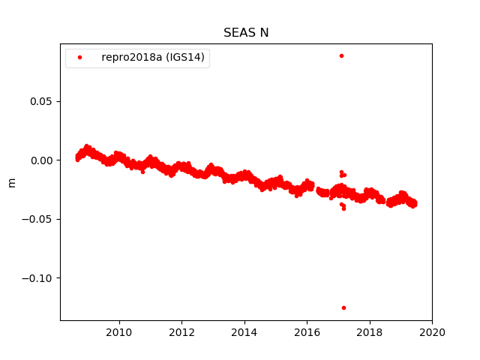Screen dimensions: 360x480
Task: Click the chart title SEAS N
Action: coord(246,33)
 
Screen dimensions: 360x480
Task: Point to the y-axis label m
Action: coord(11,182)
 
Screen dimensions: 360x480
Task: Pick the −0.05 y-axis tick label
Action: coord(38,219)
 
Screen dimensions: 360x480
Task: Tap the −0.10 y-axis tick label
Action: coord(38,278)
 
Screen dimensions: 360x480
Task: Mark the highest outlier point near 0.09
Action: coord(341,55)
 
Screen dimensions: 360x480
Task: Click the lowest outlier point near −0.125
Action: coord(343,307)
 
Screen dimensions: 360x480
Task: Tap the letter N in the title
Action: coord(264,33)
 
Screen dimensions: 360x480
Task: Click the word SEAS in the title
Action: coord(238,33)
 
